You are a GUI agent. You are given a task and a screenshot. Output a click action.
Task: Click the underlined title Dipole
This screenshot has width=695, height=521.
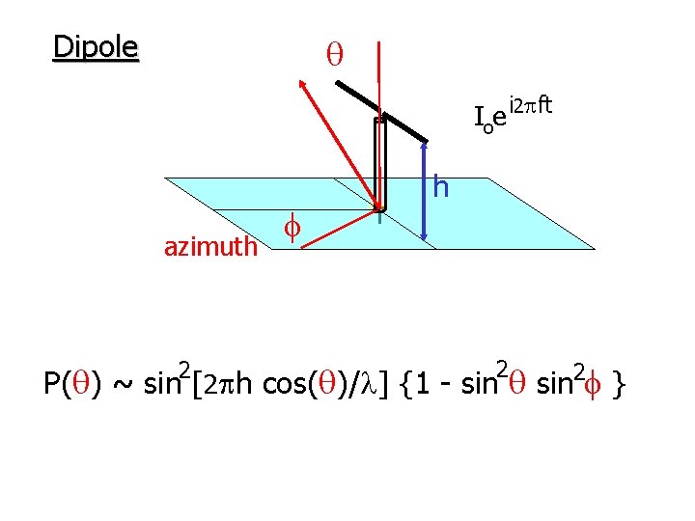click(96, 46)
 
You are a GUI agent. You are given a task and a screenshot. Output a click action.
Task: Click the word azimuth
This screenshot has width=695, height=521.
click(210, 248)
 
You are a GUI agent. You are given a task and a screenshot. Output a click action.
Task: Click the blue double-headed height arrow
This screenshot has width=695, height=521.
click(426, 189)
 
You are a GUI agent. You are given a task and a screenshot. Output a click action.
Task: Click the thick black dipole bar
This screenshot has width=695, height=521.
click(381, 109)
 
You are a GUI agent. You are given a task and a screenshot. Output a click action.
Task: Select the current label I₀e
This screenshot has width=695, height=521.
click(490, 119)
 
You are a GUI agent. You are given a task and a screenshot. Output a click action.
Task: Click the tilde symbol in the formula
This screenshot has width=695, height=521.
click(125, 386)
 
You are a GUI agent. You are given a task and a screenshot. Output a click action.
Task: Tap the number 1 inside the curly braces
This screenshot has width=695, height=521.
click(422, 386)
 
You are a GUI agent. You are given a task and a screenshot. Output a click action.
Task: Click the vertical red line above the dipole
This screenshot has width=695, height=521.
click(381, 68)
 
